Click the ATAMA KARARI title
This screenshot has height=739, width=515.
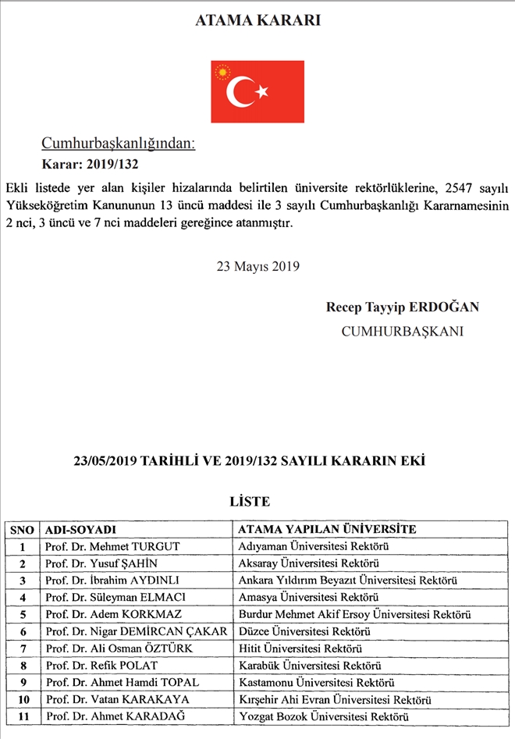[257, 21]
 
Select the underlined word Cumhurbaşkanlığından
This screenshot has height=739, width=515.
[118, 144]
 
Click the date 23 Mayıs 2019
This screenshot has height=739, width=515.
[257, 265]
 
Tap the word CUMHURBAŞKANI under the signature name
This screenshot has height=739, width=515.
[402, 331]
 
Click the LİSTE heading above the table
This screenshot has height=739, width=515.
[249, 501]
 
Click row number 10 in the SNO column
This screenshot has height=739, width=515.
[23, 699]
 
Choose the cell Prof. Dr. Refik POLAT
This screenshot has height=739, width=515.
[101, 666]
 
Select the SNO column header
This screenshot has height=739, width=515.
[23, 529]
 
